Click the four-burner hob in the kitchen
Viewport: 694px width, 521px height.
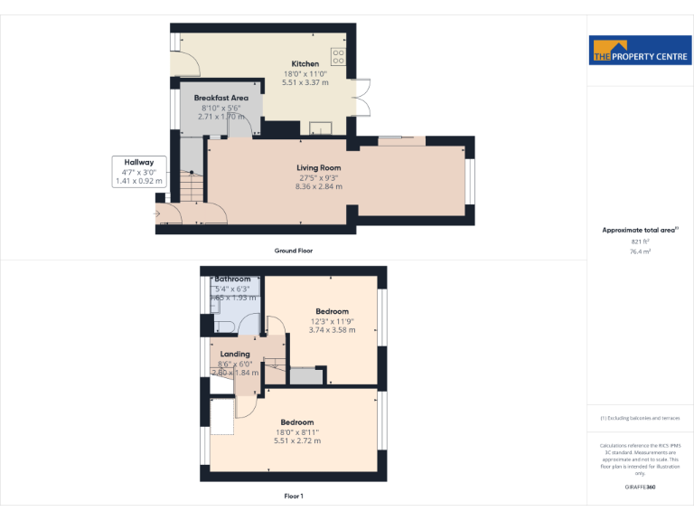340,56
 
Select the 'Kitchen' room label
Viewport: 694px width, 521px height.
305,63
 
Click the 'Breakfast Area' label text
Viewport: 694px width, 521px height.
220,98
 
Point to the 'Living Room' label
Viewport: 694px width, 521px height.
319,167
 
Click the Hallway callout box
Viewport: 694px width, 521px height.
138,171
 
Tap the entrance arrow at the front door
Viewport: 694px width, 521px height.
157,213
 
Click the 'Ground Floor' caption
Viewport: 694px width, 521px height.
293,251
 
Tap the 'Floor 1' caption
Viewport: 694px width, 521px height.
293,496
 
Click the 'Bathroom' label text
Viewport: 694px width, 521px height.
232,279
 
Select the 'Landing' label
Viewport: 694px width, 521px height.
235,354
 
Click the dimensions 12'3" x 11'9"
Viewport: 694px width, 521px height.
332,321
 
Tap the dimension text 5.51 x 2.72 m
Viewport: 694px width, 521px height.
296,440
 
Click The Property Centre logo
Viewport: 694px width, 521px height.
640,51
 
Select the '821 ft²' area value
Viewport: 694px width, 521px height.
640,242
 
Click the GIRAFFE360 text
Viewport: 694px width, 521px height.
640,488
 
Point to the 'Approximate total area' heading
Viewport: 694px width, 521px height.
639,231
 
